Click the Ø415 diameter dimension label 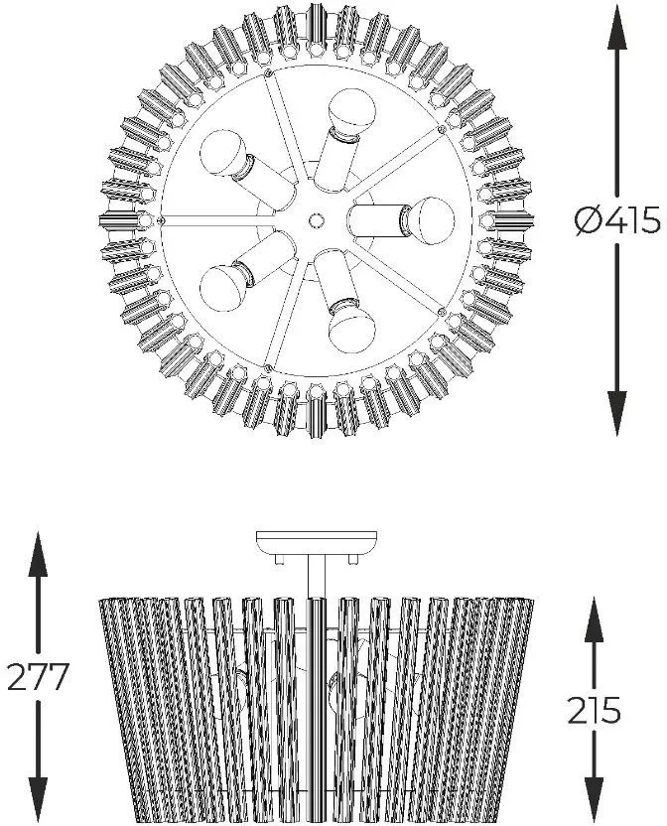(617, 219)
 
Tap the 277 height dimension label (38, 676)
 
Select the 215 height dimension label (594, 710)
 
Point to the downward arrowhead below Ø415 (617, 413)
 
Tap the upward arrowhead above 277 (38, 554)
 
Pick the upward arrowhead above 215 (595, 619)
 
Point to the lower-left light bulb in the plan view (223, 286)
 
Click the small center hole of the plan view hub (315, 219)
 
